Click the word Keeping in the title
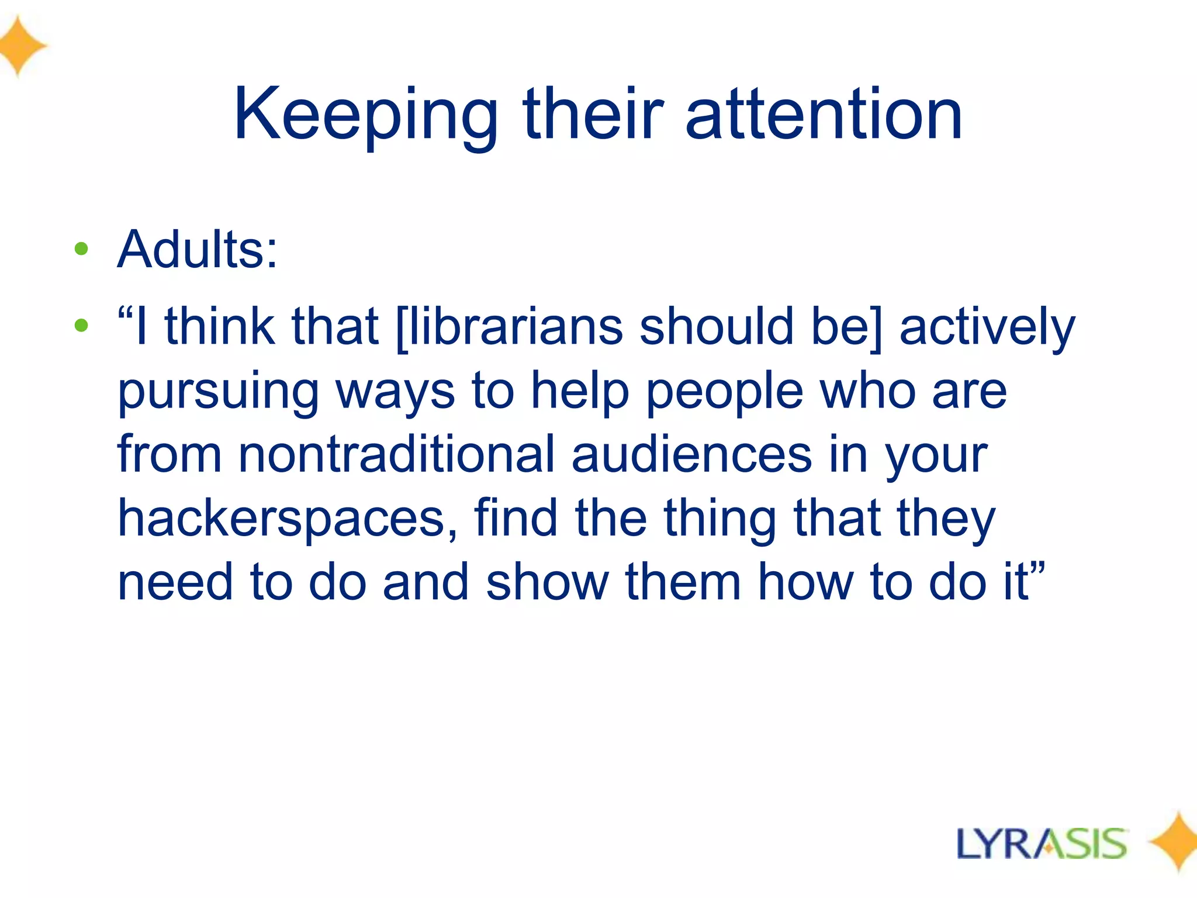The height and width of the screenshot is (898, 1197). (x=365, y=115)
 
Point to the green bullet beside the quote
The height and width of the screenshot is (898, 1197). (x=81, y=325)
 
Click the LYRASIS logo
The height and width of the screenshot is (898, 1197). (x=1042, y=844)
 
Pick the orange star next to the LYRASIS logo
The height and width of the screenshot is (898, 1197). (x=1175, y=842)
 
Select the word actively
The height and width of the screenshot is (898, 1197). (x=987, y=327)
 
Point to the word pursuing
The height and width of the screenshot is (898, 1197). (x=218, y=392)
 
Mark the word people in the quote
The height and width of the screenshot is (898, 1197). (x=724, y=392)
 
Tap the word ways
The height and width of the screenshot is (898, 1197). (x=395, y=392)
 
